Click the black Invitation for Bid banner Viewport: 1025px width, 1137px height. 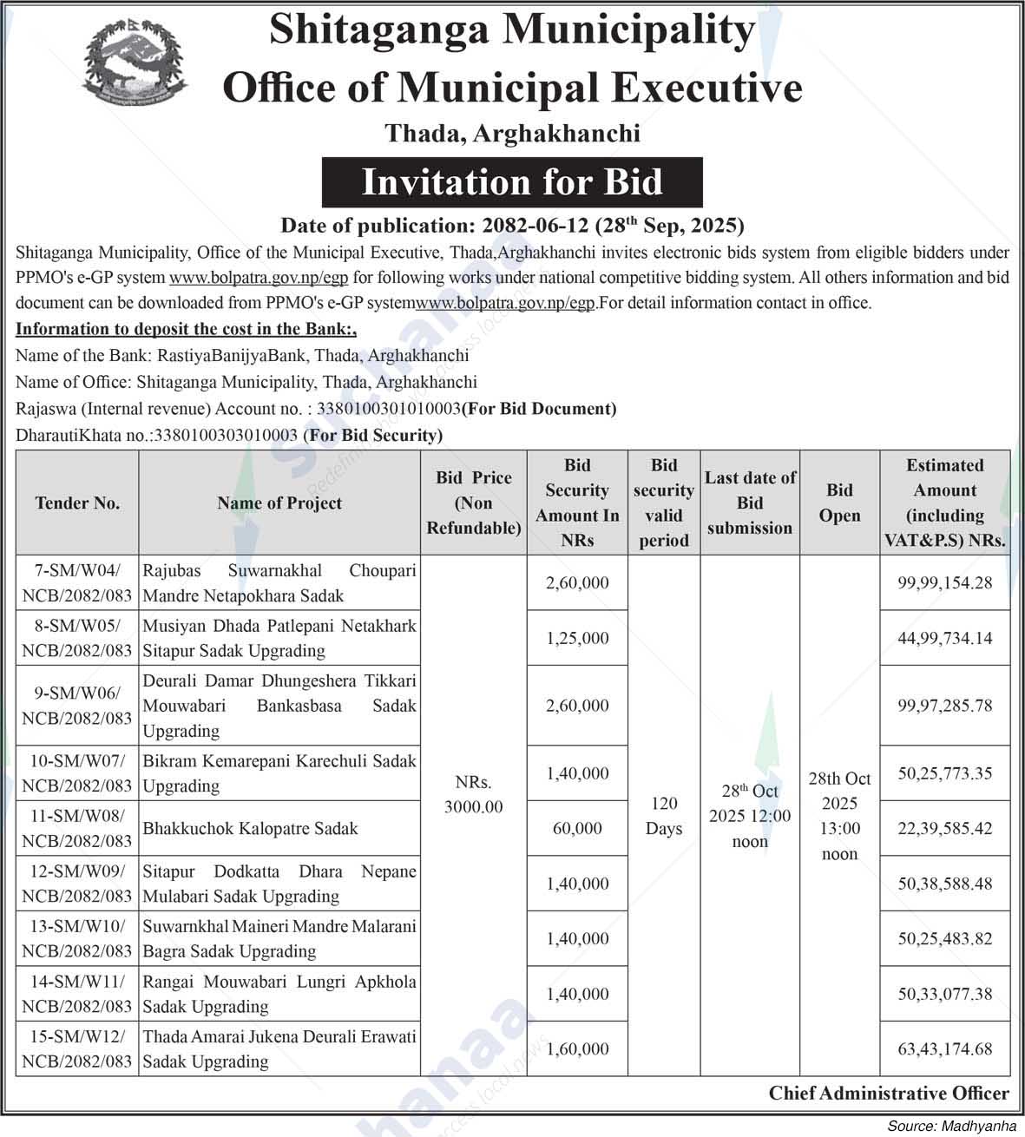pos(512,182)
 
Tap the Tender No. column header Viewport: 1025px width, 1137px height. pos(77,503)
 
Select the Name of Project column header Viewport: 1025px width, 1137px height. pos(279,503)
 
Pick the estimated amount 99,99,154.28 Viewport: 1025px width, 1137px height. pos(944,582)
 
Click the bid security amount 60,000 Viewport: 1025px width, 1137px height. pos(577,828)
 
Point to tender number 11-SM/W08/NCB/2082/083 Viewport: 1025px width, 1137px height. pos(77,828)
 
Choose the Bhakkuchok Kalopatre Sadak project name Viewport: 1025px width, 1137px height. pos(251,828)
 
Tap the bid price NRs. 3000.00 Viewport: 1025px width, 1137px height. pos(473,794)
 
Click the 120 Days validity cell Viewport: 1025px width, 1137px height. pos(664,816)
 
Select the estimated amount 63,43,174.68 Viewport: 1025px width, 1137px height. pos(944,1048)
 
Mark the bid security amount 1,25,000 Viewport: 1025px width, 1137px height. pos(577,638)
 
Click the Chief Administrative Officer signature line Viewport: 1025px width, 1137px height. pos(889,1093)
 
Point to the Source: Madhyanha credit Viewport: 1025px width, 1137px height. pos(951,1126)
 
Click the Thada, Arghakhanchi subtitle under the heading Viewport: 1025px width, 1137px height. pos(512,133)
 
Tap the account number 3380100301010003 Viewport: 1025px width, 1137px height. pos(389,408)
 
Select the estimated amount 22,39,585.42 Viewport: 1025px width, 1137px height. pos(944,828)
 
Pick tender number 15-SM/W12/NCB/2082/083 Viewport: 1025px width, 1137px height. pos(77,1048)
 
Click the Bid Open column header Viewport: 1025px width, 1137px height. pos(839,503)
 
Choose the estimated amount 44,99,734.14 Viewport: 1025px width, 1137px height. pos(944,638)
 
